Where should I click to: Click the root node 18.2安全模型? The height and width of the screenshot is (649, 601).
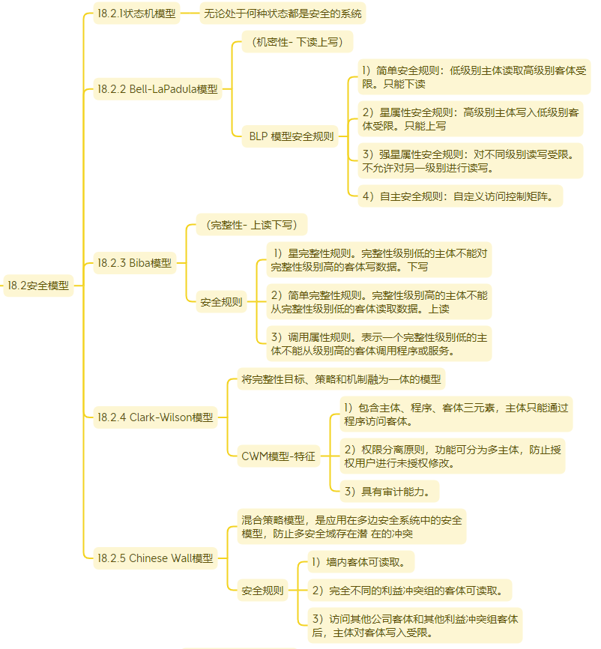38,286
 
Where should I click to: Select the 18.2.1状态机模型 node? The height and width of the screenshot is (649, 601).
136,13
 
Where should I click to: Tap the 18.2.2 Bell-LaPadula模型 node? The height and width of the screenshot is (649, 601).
157,89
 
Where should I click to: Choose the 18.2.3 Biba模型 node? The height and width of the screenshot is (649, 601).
135,263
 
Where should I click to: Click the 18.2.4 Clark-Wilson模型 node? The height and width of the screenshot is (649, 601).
155,417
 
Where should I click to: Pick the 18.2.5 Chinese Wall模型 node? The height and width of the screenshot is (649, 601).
155,558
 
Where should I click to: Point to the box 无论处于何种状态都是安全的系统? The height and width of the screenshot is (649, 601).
283,13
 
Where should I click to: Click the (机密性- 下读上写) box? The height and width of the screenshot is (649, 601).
298,42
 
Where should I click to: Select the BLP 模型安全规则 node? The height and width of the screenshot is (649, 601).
290,136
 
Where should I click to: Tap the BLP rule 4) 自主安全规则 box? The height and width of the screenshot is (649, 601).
460,196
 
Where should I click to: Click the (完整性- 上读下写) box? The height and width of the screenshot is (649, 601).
252,225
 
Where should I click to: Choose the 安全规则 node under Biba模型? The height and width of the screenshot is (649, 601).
221,302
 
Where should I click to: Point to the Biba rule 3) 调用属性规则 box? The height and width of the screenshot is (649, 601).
379,344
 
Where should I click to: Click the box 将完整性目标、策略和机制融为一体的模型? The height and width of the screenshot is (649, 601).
341,379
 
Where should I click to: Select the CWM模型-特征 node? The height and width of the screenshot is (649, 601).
279,456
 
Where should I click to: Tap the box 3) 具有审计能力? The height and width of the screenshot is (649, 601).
390,492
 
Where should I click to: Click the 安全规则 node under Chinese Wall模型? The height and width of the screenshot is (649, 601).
262,591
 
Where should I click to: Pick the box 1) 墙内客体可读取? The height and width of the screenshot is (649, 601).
361,562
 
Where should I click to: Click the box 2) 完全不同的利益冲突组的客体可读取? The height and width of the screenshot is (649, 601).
410,591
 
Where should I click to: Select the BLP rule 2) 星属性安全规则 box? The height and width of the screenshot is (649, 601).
471,119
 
